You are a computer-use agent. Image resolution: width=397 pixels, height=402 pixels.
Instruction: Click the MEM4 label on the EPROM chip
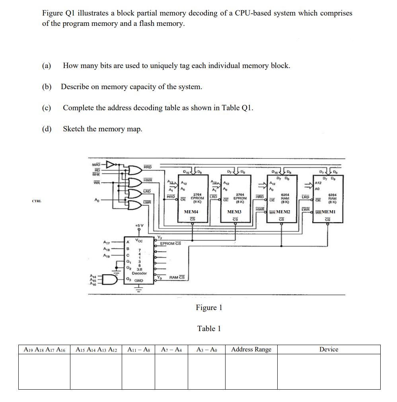click(x=191, y=212)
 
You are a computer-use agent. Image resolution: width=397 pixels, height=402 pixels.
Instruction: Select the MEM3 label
click(x=234, y=212)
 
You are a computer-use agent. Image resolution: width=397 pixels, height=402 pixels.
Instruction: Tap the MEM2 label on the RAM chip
click(x=283, y=212)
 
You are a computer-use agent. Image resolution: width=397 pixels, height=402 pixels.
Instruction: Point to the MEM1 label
click(x=328, y=212)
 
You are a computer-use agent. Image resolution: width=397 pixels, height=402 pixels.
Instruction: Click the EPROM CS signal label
click(x=170, y=243)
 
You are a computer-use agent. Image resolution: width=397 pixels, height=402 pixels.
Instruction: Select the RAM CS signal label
click(x=177, y=277)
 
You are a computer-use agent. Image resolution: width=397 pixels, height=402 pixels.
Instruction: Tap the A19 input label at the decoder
click(x=107, y=255)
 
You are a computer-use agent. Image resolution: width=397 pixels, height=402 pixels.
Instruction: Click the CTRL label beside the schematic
click(x=37, y=201)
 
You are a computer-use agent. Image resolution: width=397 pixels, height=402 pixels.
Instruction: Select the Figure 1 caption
click(x=209, y=308)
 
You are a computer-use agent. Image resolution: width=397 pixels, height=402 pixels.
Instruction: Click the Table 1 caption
click(x=209, y=329)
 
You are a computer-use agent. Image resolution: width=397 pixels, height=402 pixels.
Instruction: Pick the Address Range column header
click(x=251, y=349)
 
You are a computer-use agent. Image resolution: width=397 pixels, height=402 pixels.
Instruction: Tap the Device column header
click(x=329, y=349)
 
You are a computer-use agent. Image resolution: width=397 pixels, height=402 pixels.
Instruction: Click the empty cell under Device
click(x=329, y=371)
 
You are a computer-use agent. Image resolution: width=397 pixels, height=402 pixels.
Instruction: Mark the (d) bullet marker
click(x=47, y=129)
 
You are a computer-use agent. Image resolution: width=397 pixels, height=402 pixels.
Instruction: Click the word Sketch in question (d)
click(x=74, y=129)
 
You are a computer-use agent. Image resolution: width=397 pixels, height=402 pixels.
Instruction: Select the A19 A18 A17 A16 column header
click(x=44, y=349)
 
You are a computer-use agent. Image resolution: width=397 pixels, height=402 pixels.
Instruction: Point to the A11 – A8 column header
click(x=138, y=349)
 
